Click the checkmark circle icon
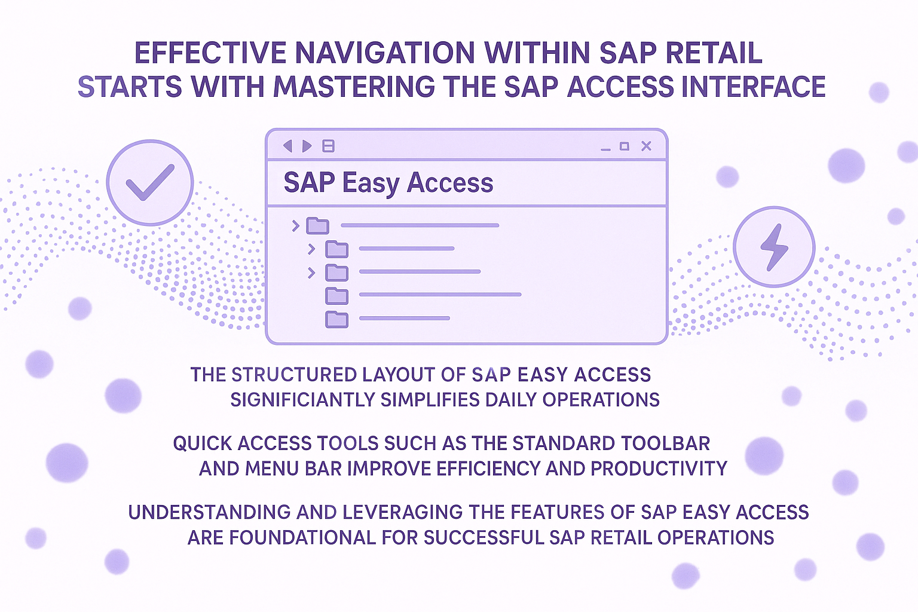tap(150, 183)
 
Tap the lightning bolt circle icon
tap(774, 247)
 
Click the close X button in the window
tap(646, 146)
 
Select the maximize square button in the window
tap(625, 146)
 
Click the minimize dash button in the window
tap(605, 149)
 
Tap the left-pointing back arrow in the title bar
tap(287, 146)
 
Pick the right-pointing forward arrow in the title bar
tap(307, 146)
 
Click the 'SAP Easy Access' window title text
tap(388, 182)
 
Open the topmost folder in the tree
tap(317, 225)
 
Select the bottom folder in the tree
tap(337, 319)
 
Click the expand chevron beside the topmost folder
tap(295, 225)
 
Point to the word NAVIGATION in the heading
tap(384, 53)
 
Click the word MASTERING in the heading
tap(354, 87)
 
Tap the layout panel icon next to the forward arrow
tap(328, 146)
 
